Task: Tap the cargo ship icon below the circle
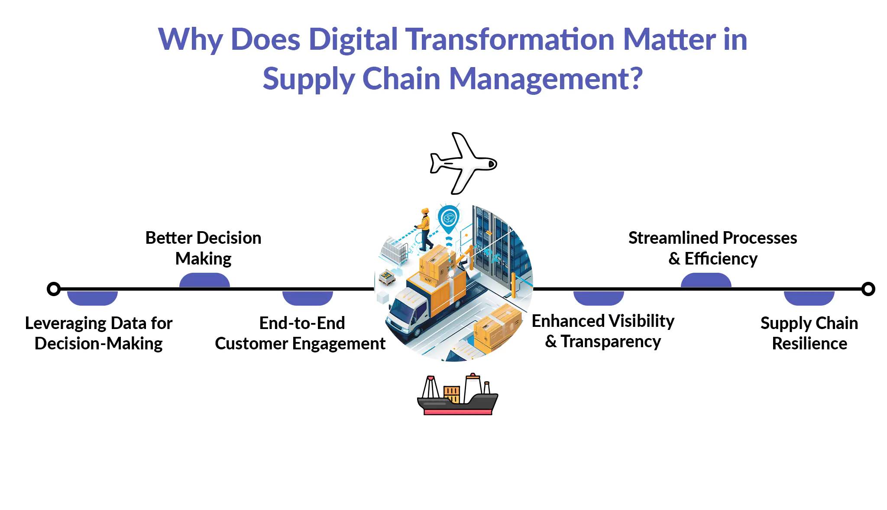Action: tap(458, 394)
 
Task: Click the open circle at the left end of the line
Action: tap(54, 289)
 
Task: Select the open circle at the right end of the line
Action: tap(868, 289)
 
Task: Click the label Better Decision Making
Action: tap(203, 248)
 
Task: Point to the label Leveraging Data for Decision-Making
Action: tap(99, 333)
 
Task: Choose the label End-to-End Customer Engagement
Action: tap(300, 333)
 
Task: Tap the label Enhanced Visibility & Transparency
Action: tap(603, 331)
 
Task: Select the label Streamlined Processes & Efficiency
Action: tap(713, 248)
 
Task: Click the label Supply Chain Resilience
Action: tap(809, 333)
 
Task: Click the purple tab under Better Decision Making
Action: tap(204, 280)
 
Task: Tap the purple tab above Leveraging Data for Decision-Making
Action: tap(92, 298)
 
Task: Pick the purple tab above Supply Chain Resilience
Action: tap(809, 298)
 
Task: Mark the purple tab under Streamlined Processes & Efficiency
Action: tap(706, 280)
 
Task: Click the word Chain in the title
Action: tap(401, 78)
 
